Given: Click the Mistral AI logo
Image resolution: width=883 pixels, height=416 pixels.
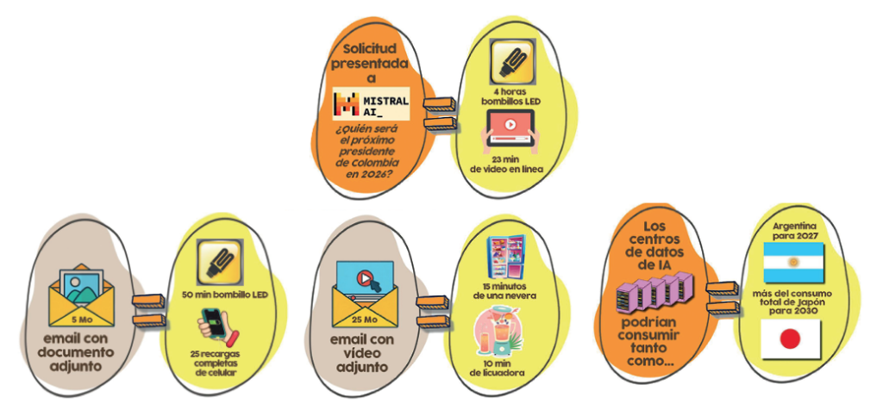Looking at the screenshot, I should click(372, 104).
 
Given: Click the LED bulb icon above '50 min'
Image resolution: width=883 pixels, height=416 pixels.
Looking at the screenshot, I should click(222, 262).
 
